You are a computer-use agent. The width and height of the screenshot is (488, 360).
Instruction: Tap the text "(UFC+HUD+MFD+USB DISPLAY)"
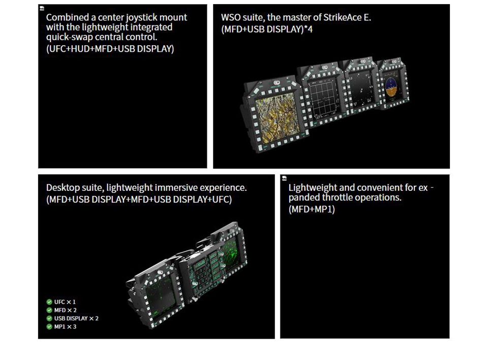coord(110,49)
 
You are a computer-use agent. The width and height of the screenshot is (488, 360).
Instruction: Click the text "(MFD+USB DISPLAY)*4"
coord(267,29)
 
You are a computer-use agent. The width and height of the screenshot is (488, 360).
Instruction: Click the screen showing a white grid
coord(324,99)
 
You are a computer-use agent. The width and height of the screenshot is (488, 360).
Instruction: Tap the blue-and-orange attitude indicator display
coord(391,87)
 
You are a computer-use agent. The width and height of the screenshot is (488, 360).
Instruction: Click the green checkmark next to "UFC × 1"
coord(49,302)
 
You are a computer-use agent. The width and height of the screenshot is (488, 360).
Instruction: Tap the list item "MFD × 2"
coord(66,310)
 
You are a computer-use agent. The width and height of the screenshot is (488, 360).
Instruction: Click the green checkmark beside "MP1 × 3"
coord(49,326)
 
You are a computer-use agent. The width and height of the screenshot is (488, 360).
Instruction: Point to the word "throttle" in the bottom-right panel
coord(338,198)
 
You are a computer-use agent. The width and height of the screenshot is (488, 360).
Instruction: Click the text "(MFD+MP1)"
coord(312,209)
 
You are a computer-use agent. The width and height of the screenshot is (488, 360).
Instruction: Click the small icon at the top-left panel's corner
coord(42,8)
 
